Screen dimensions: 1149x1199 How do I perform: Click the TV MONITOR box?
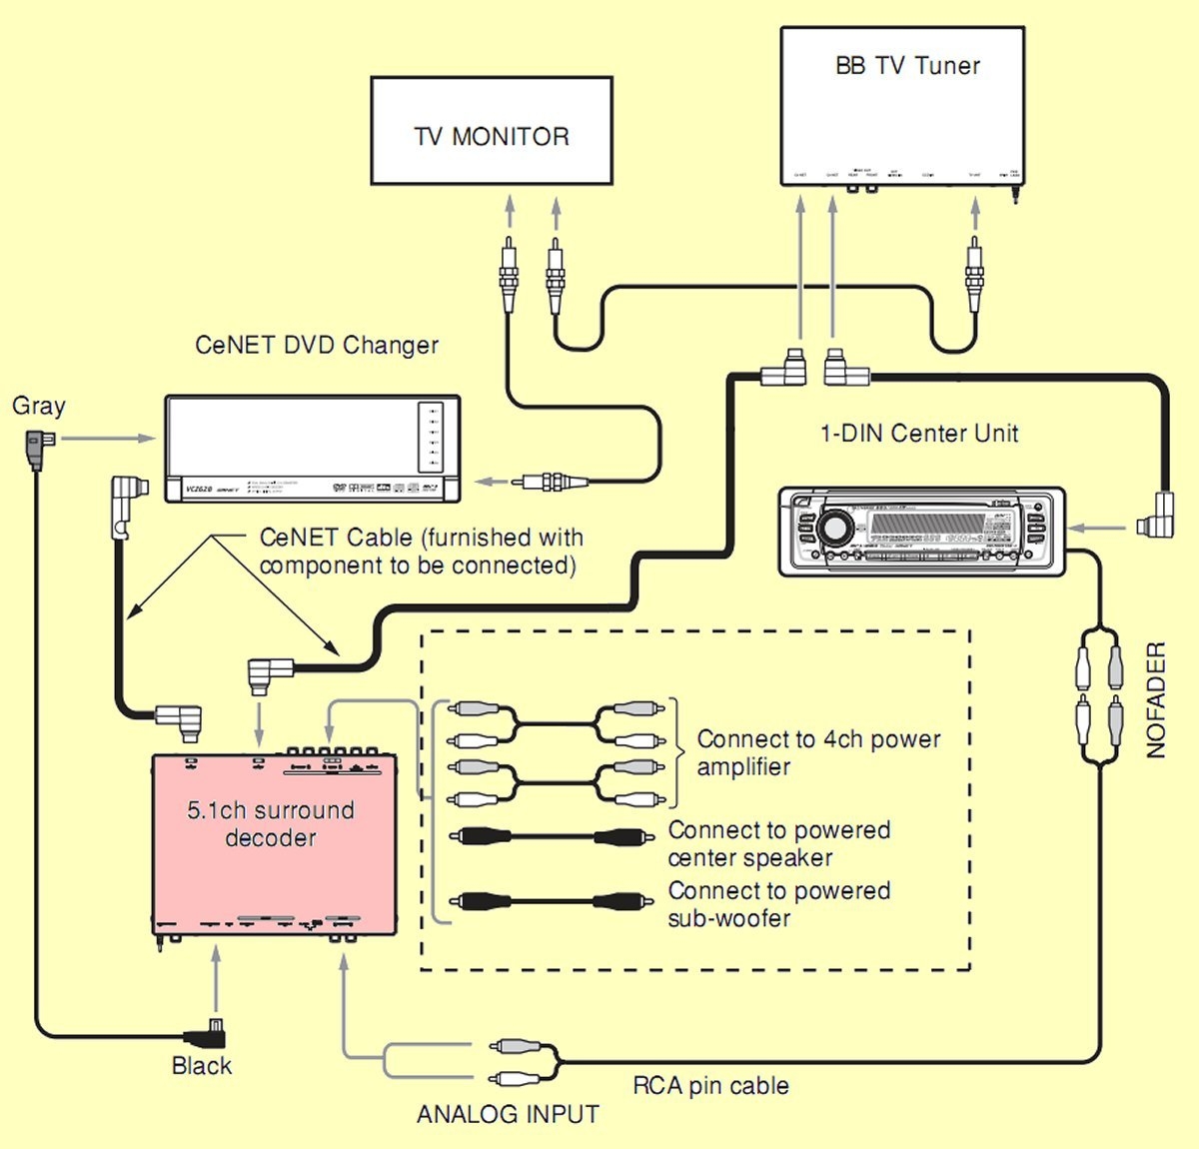[491, 131]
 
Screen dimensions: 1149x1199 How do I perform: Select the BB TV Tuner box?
[901, 106]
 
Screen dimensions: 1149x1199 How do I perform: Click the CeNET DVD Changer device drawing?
[312, 449]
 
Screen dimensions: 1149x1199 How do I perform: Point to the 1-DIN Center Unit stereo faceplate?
[921, 531]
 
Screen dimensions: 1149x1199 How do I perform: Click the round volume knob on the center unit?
[830, 527]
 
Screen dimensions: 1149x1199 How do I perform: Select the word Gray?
[39, 406]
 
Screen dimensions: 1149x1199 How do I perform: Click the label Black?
[201, 1066]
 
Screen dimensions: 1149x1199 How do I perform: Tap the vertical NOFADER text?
[1156, 699]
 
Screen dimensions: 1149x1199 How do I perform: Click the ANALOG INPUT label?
[508, 1114]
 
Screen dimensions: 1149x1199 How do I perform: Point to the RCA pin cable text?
[710, 1086]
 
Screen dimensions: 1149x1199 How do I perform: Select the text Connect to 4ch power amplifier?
[817, 753]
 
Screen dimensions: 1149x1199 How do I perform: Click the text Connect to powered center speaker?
[778, 844]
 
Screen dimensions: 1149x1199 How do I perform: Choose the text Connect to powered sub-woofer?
[778, 904]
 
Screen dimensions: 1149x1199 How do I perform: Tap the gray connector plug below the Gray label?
[36, 448]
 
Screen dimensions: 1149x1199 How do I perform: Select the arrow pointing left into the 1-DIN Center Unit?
[1099, 527]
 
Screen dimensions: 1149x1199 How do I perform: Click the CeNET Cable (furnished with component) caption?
[420, 552]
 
